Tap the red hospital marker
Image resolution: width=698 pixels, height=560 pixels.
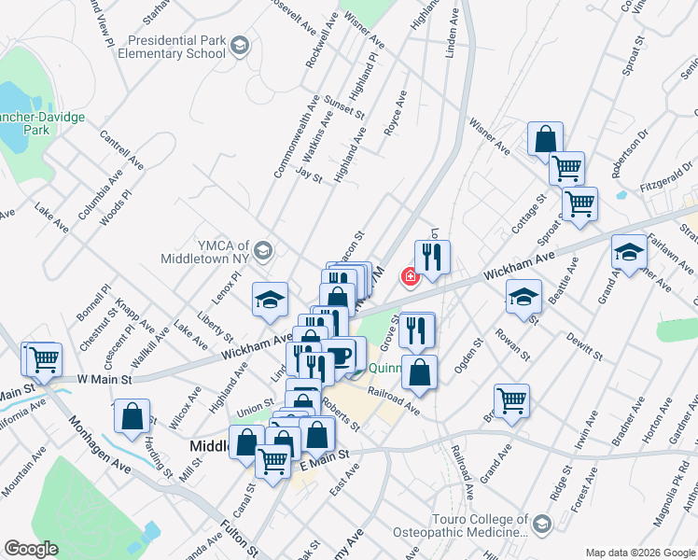pos(409,276)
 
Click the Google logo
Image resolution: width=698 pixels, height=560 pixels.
pos(31,549)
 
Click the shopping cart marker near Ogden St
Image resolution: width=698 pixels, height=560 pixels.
pos(511,399)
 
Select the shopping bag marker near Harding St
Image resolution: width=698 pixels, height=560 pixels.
pos(133,414)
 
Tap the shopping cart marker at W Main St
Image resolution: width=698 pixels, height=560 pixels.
pos(43,357)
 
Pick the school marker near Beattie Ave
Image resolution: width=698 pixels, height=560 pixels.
pos(523,297)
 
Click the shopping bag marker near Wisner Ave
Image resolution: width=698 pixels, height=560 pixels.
pos(543,139)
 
